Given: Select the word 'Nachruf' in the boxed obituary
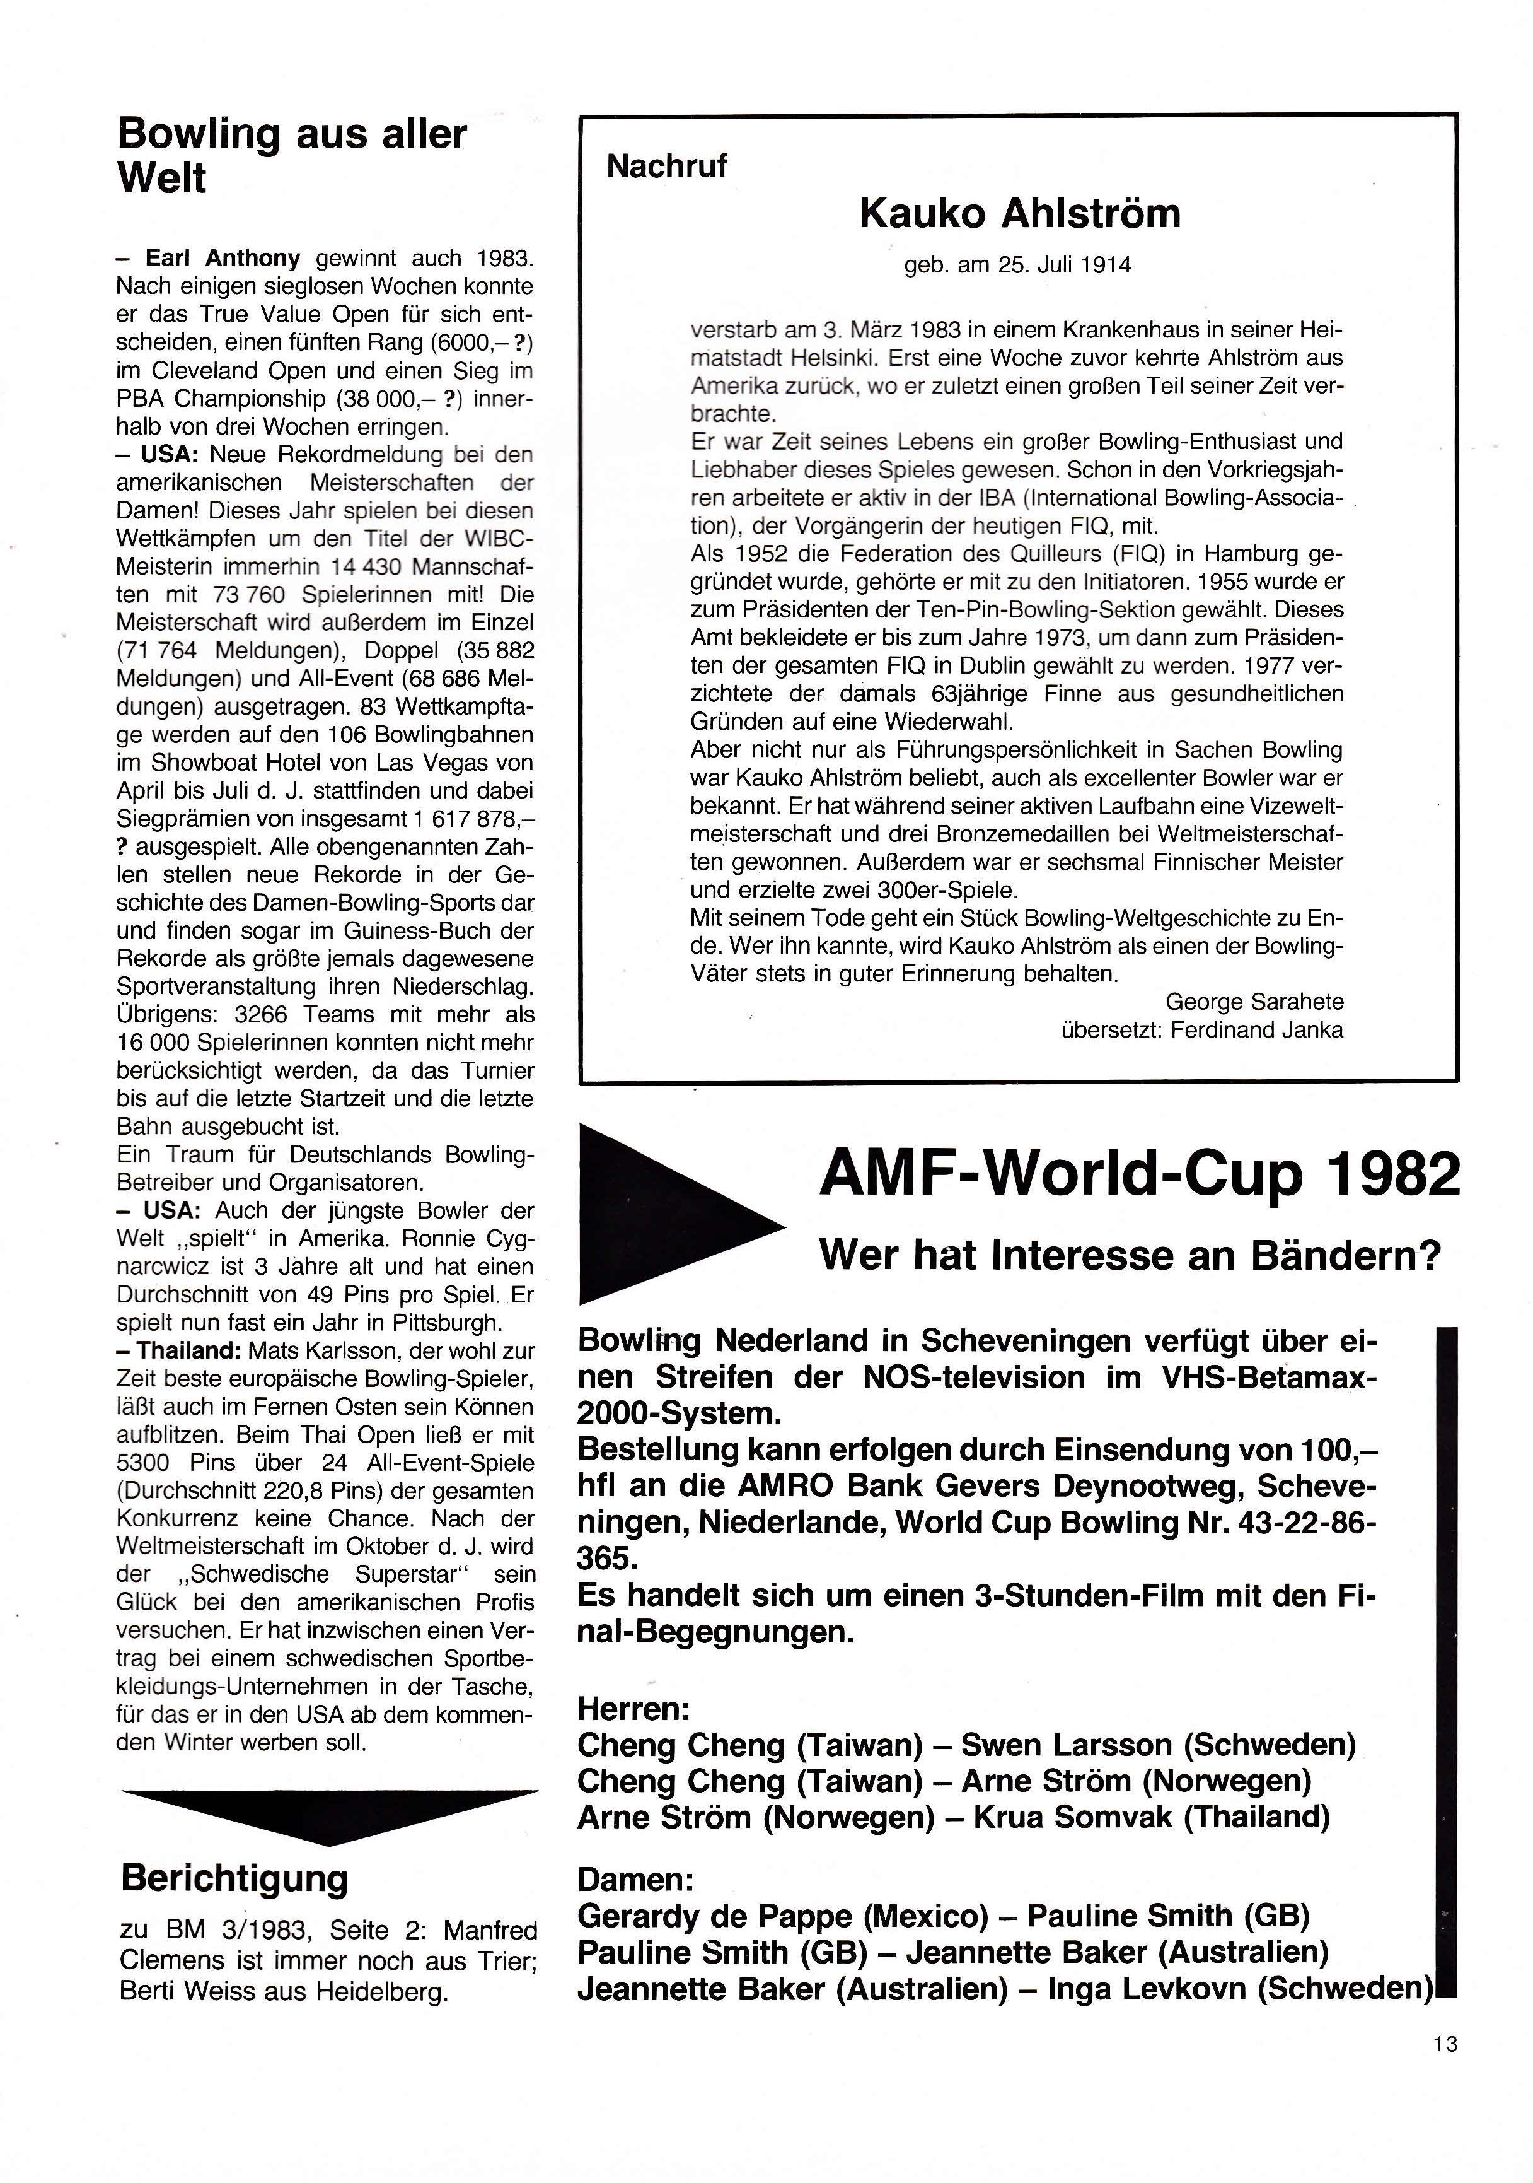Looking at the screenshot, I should click(666, 167).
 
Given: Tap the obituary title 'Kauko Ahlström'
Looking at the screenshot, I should click(1019, 213).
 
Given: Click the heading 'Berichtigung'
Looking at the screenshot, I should click(234, 1880).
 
